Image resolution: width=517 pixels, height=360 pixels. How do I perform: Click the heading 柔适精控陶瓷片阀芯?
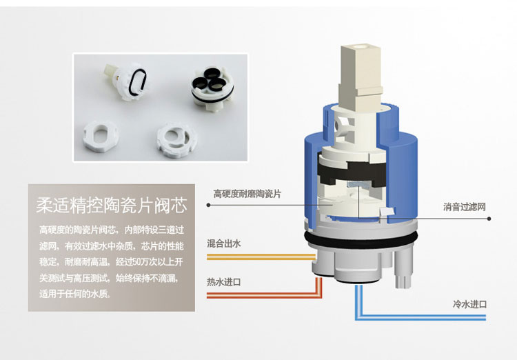point(112,206)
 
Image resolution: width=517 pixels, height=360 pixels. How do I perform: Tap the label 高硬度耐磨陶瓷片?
point(247,194)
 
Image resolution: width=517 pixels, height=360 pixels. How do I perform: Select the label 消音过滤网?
point(464,207)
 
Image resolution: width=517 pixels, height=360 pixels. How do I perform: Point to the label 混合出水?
point(224,244)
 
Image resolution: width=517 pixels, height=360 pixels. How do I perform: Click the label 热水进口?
point(224,282)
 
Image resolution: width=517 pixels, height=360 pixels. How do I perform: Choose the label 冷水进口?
point(470,304)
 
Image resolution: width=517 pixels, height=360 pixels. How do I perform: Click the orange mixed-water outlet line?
point(261,257)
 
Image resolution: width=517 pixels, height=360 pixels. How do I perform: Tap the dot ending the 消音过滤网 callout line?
point(489,219)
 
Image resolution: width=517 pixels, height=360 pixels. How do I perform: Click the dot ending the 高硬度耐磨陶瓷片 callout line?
point(208,205)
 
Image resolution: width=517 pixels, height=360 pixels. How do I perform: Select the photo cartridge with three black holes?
point(213,88)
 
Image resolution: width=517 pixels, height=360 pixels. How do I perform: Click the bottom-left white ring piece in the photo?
point(101,137)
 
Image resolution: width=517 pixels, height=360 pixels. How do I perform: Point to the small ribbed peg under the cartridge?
point(403,281)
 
